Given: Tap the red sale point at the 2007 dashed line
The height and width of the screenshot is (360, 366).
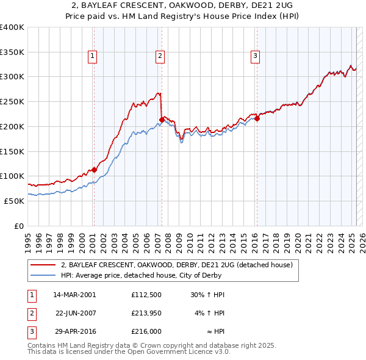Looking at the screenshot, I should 162,119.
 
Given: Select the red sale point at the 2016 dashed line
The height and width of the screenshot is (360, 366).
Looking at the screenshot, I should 257,118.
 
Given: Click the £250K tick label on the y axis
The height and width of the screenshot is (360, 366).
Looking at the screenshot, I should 12,101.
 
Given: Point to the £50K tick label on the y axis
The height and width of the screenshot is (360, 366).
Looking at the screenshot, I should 14,201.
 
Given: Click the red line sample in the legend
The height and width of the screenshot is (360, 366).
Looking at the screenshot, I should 43,265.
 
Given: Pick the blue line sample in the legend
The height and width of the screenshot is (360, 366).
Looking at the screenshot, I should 43,275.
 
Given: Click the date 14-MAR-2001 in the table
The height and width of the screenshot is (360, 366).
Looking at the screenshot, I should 75,295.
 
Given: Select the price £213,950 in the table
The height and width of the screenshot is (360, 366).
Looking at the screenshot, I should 145,313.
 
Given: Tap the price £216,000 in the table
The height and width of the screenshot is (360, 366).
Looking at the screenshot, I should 146,331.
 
